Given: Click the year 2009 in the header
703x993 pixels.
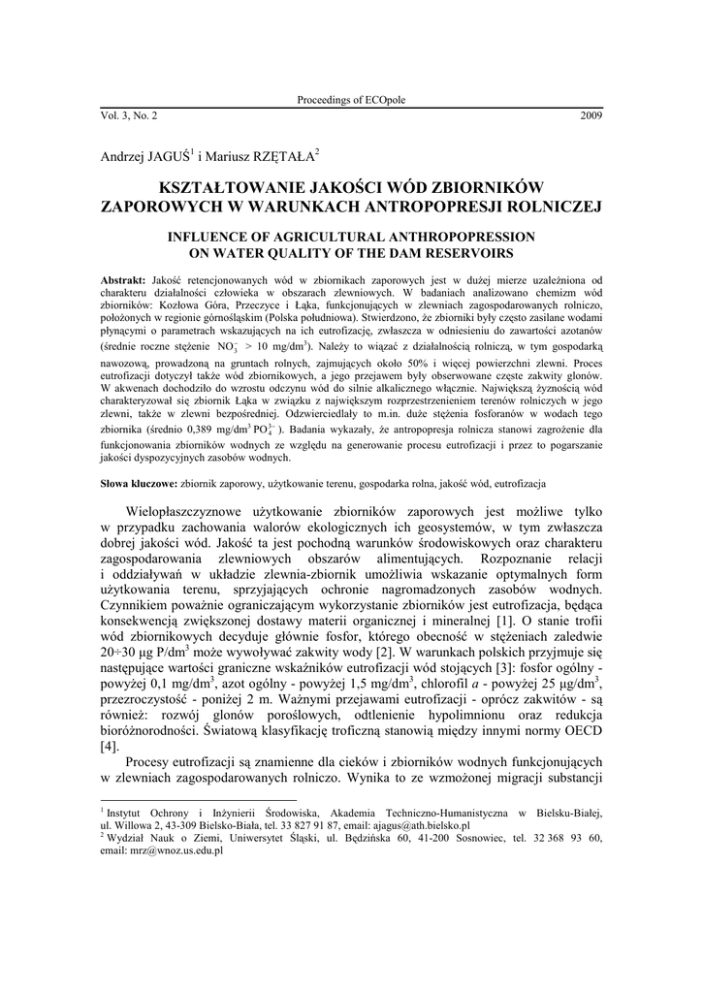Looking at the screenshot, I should pyautogui.click(x=591, y=116).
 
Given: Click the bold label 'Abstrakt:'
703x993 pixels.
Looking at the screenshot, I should pyautogui.click(x=123, y=279).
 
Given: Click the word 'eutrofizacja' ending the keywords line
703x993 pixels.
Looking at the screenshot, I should pyautogui.click(x=520, y=482).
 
